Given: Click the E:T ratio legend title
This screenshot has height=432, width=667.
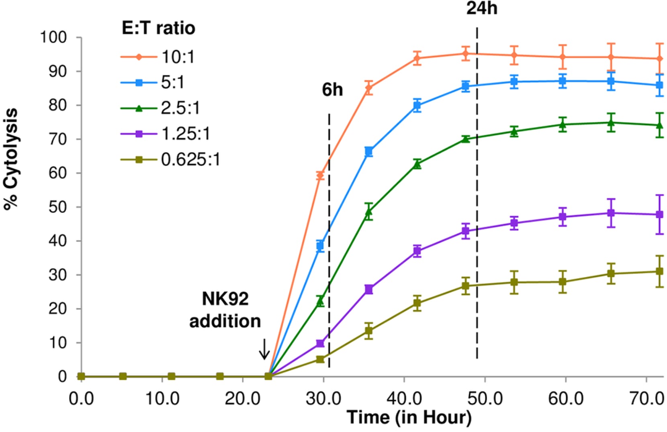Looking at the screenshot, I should tap(158, 28).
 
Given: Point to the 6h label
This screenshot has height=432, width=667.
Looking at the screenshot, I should tap(332, 90).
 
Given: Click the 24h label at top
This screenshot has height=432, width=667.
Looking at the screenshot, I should tap(481, 8).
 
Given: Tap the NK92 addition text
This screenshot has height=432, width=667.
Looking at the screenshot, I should tap(225, 310).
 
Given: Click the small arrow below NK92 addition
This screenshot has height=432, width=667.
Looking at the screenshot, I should tap(264, 349).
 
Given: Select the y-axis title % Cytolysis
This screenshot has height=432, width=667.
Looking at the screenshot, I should tap(11, 159).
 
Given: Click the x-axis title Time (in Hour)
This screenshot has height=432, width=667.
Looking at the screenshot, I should tap(409, 418).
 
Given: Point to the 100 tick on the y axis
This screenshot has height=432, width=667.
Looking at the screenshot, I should tap(53, 37).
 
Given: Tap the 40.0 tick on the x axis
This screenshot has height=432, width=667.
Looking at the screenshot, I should tap(404, 399).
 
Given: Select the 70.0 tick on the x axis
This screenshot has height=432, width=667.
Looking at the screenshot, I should tap(646, 399).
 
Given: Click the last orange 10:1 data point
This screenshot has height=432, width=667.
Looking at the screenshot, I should tap(659, 59).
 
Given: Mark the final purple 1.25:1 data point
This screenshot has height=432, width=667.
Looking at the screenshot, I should tap(659, 214).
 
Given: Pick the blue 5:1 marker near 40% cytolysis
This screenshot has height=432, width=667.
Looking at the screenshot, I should tap(320, 246).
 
